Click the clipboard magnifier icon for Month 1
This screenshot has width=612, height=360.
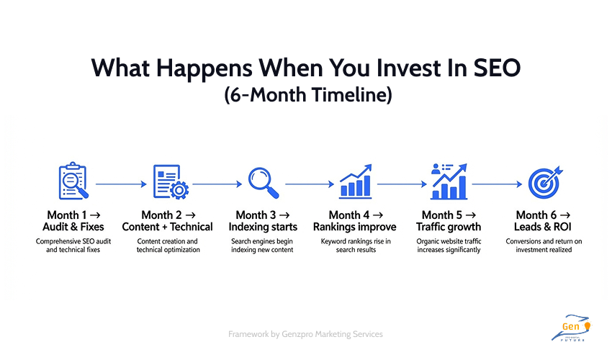pos(72,181)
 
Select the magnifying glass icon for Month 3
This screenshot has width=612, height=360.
pos(262,181)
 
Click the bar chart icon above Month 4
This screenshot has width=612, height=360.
pos(356,181)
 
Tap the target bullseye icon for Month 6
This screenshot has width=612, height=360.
pos(543,182)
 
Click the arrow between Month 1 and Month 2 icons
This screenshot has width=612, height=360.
pos(120,184)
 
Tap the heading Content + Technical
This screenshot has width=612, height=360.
pos(167,227)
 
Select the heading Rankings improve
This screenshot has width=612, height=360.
pos(356,227)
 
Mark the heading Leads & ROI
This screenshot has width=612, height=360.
pos(543,227)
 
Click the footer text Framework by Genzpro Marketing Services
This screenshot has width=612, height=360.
pos(305,334)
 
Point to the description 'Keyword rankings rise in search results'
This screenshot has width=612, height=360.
pos(356,246)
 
